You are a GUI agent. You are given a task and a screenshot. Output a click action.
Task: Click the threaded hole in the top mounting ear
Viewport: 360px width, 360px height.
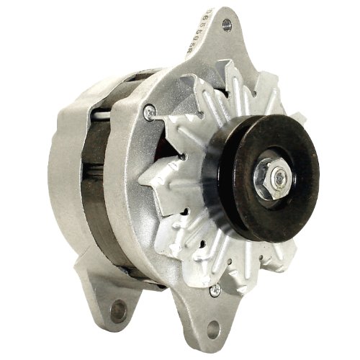[227, 25]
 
